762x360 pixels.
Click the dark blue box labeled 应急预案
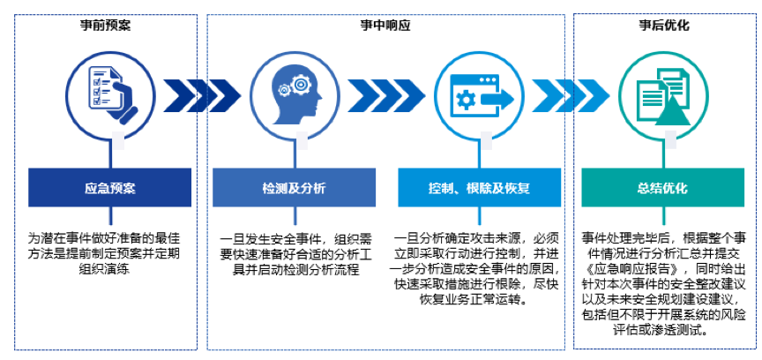(110, 189)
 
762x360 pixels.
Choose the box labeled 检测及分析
(294, 189)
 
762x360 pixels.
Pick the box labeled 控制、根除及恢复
(476, 189)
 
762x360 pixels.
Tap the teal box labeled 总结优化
(664, 189)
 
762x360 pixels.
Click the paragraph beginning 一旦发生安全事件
(294, 253)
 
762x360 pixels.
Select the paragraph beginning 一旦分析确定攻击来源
(477, 268)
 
